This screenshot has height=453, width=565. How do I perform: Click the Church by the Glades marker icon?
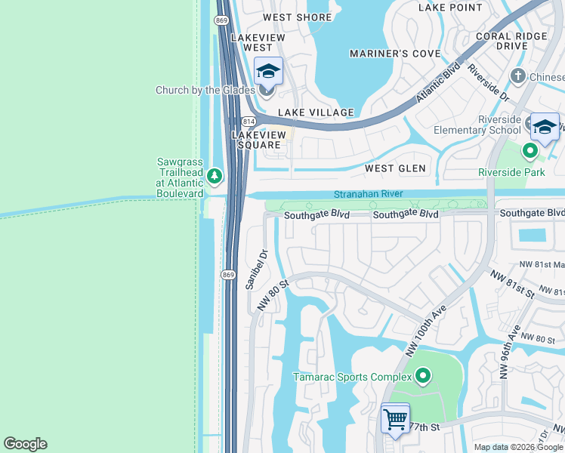point(266,91)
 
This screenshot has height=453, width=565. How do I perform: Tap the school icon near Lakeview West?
point(268,71)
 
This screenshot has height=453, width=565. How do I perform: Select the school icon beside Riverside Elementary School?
point(544,127)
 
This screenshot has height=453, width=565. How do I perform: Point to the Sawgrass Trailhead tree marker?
point(215,176)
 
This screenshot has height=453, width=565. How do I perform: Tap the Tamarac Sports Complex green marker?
point(422,375)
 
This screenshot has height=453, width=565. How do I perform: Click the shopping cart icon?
point(395,418)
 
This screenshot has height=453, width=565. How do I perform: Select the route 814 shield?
point(249,122)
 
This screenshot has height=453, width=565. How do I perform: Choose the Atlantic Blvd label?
point(438,83)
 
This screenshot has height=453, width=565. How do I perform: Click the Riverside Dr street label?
point(489,83)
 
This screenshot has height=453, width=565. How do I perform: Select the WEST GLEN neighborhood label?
point(395,168)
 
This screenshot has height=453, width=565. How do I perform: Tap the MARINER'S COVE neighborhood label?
point(395,54)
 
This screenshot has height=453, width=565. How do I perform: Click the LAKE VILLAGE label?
point(316,112)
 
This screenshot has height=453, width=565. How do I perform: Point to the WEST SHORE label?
point(297,17)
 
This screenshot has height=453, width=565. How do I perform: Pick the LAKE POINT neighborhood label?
point(450,8)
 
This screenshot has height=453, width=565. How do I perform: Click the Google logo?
point(25,444)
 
